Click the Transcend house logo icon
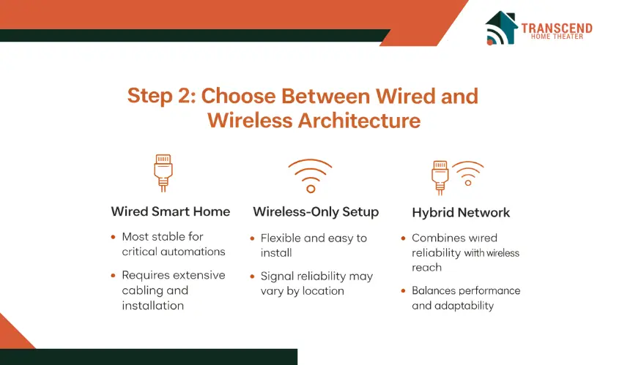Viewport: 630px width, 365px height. click(x=501, y=28)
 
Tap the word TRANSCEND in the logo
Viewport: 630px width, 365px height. click(x=557, y=28)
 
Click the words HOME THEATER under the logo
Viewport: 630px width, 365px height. click(x=557, y=37)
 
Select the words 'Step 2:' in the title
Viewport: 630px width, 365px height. click(x=161, y=97)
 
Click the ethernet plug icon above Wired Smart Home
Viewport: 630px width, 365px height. click(x=163, y=173)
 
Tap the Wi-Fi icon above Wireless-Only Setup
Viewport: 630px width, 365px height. click(x=310, y=176)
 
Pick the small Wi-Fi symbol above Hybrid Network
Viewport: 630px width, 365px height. click(x=468, y=173)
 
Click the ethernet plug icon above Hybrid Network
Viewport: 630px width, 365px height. click(x=440, y=177)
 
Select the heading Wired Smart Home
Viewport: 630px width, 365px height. click(x=171, y=211)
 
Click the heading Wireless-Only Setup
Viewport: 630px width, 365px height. click(x=316, y=212)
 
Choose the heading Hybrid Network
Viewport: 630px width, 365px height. click(x=461, y=213)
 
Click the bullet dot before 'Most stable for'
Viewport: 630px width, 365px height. click(x=114, y=237)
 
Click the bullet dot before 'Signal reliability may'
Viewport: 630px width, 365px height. click(x=252, y=276)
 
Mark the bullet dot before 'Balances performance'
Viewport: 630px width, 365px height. click(x=404, y=291)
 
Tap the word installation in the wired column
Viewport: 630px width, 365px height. click(x=152, y=306)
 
